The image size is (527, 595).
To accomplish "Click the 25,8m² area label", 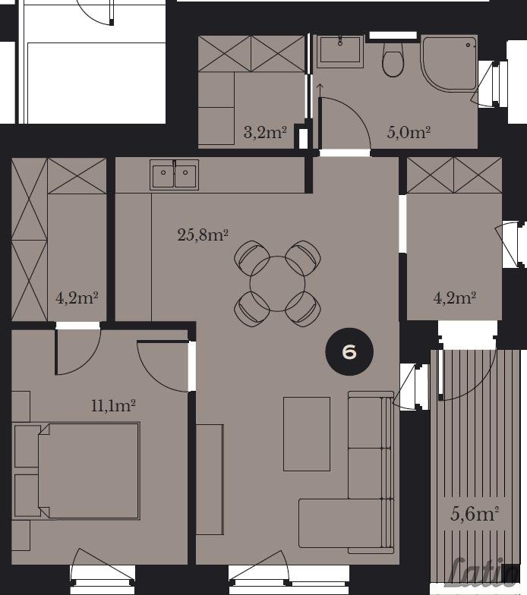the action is click(x=202, y=235).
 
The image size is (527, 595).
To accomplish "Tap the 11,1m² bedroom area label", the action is click(x=113, y=406).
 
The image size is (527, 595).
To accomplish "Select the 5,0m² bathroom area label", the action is click(x=409, y=132).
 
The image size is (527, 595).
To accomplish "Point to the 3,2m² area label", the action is click(x=264, y=133).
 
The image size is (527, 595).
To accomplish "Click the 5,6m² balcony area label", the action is click(x=475, y=515).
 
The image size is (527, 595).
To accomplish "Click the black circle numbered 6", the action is click(x=349, y=352).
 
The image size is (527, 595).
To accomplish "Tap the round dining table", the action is click(x=278, y=284).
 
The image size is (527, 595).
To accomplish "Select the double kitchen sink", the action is click(x=175, y=175).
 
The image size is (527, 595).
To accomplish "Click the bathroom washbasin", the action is click(x=340, y=51).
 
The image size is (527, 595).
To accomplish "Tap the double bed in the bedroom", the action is click(x=76, y=471).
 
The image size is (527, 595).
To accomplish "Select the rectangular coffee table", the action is click(x=307, y=434).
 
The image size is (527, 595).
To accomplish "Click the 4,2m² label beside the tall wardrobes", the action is click(x=77, y=298).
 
